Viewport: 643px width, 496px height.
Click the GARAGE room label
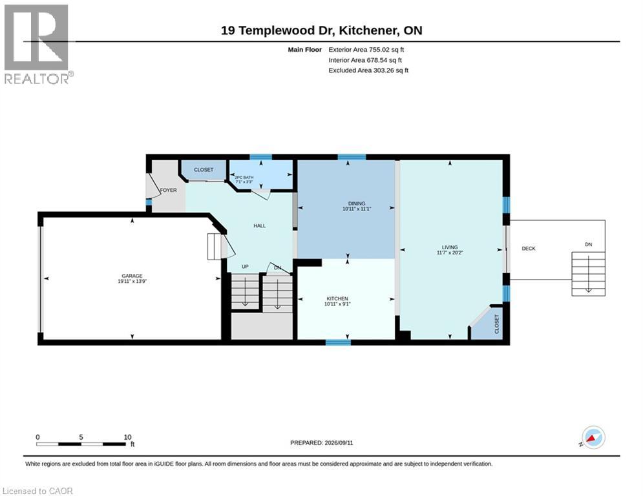click(x=132, y=276)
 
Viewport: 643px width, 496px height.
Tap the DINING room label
click(x=356, y=203)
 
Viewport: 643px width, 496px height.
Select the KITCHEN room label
click(x=337, y=298)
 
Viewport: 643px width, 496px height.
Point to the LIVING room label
click(x=449, y=247)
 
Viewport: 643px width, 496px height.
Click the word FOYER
click(x=169, y=191)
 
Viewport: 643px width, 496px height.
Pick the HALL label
click(x=260, y=226)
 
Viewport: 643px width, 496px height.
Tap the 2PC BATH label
click(x=244, y=178)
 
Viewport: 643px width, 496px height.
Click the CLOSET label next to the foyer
click(x=204, y=170)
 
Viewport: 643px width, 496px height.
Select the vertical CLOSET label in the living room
click(x=496, y=324)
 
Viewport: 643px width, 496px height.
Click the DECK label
click(x=529, y=249)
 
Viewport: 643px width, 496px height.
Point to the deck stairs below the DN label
click(x=589, y=274)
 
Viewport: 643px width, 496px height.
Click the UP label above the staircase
click(x=245, y=267)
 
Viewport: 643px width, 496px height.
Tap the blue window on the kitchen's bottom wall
click(x=339, y=342)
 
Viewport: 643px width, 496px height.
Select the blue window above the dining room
click(x=352, y=157)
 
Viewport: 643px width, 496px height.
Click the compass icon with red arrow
click(x=593, y=438)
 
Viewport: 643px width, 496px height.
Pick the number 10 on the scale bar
click(x=127, y=437)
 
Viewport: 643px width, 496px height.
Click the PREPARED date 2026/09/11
click(x=339, y=442)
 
